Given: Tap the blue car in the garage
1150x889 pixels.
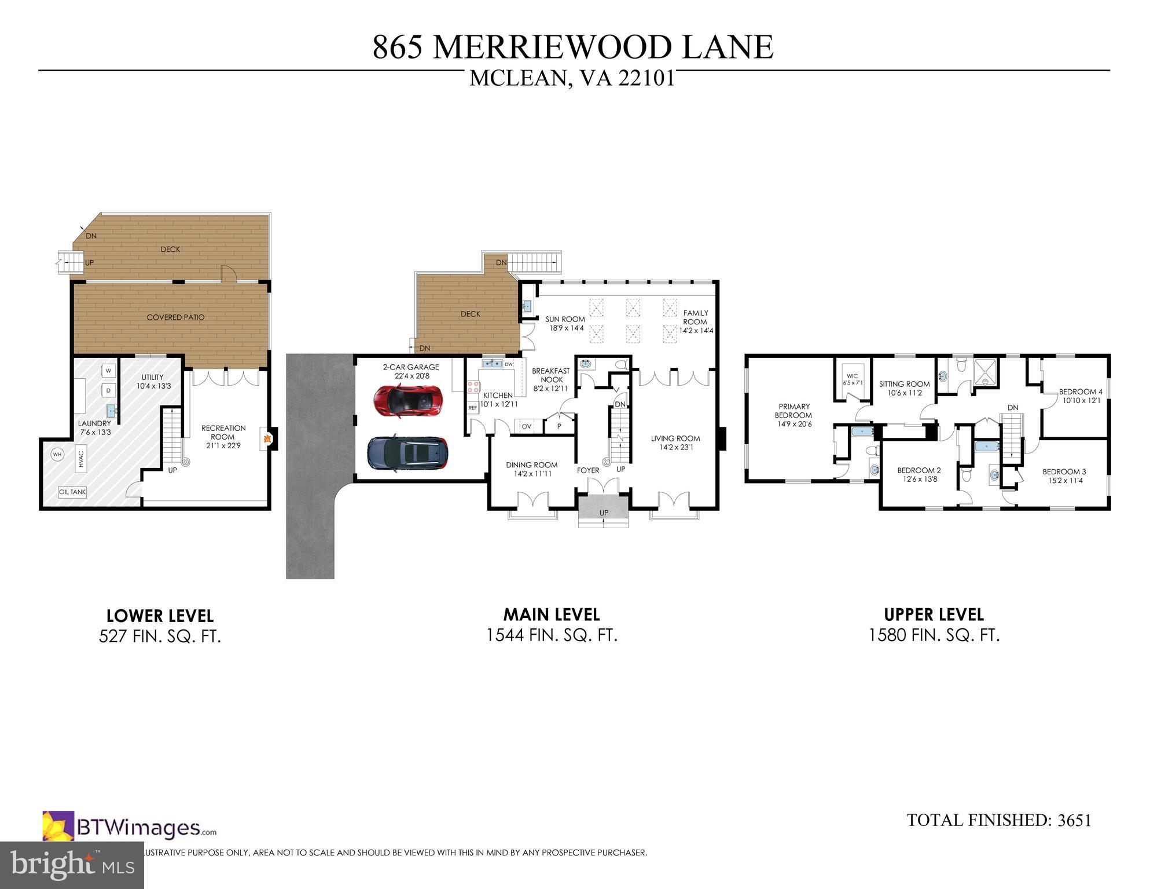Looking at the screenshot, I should tap(407, 453).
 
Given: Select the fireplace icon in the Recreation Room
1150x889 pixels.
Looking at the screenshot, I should tap(266, 439).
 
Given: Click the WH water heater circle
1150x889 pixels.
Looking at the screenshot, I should tap(57, 455).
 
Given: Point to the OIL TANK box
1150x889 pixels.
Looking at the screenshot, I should tap(72, 492).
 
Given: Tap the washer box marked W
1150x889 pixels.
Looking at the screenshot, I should tap(108, 371).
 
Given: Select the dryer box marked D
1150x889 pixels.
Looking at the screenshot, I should tap(108, 391).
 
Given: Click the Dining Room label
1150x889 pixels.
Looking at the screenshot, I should tap(531, 465).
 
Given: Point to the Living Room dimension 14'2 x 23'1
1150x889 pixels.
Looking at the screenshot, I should tap(675, 447).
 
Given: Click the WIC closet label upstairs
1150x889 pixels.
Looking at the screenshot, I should tap(852, 376).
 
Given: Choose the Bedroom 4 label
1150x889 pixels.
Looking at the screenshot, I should tap(1080, 392).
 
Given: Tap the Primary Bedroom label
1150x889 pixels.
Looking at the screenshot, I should tap(794, 411).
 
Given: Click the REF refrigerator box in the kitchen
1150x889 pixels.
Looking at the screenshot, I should tap(473, 408).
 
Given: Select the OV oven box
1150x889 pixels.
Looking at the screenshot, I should tap(527, 426).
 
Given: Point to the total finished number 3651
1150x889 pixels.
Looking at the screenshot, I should tap(1074, 820).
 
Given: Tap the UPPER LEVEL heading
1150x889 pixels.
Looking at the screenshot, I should tap(934, 614).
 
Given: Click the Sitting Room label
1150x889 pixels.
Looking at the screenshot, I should tap(904, 384).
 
